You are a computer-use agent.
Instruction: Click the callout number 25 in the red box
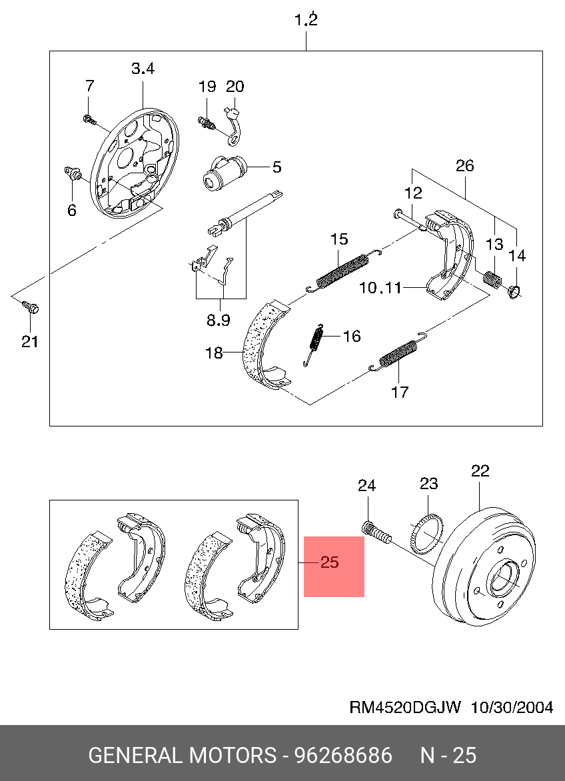(330, 562)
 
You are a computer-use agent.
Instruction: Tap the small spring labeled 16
(315, 339)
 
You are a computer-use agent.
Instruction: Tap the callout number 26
(464, 166)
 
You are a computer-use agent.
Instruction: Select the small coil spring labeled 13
(492, 279)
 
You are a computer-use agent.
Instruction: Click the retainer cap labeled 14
(514, 290)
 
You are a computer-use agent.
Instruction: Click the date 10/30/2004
(512, 708)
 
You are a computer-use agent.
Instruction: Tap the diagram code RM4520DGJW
(404, 708)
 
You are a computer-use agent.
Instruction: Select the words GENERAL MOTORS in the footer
(182, 755)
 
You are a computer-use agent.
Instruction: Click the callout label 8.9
(218, 320)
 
